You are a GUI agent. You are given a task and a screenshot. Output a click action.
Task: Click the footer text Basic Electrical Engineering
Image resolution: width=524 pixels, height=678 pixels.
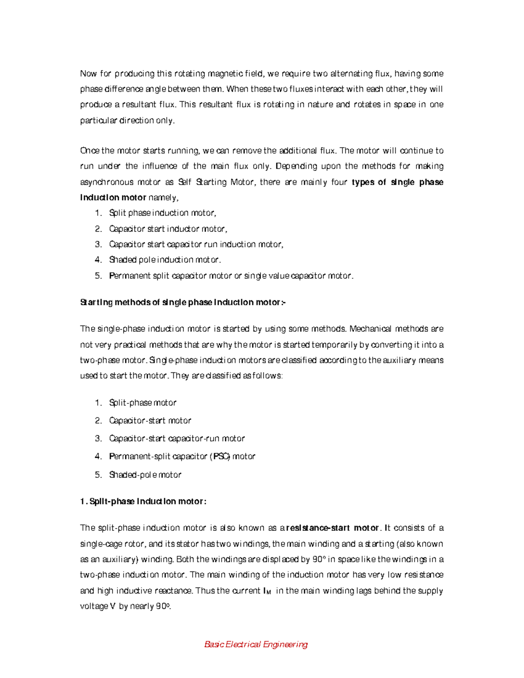click(x=256, y=644)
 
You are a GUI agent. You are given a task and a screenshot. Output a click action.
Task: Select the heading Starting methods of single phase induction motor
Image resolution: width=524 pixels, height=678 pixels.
click(x=183, y=302)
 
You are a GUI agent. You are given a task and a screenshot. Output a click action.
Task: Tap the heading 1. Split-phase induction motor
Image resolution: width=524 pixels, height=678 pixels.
click(x=143, y=501)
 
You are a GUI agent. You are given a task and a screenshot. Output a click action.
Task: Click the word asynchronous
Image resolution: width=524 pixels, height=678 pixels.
click(x=107, y=182)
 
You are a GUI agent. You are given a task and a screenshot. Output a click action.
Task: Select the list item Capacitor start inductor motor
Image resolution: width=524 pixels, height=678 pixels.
click(x=168, y=229)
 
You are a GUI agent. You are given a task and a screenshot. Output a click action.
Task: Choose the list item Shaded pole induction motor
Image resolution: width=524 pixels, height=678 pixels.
click(x=165, y=260)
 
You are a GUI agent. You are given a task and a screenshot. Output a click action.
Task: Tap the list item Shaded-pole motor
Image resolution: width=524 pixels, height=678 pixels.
click(x=145, y=475)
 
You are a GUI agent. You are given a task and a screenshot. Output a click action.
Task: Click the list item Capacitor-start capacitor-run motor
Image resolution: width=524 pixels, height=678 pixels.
click(x=177, y=438)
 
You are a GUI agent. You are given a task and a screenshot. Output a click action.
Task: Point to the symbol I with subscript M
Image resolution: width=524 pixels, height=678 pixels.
click(x=267, y=591)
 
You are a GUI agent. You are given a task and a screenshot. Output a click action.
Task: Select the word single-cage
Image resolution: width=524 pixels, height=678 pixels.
click(x=101, y=544)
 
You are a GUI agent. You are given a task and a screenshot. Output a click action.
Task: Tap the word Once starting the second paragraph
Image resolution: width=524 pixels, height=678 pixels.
click(x=90, y=151)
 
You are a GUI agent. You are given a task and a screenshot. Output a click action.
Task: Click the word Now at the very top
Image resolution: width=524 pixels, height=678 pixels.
click(x=88, y=73)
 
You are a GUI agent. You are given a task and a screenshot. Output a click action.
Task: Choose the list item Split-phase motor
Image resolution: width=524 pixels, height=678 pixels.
click(x=142, y=403)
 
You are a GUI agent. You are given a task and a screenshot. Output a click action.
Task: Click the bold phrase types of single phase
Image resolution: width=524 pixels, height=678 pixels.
click(x=397, y=182)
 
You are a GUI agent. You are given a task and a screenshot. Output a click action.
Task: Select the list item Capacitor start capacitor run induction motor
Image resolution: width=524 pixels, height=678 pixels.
click(x=196, y=244)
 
